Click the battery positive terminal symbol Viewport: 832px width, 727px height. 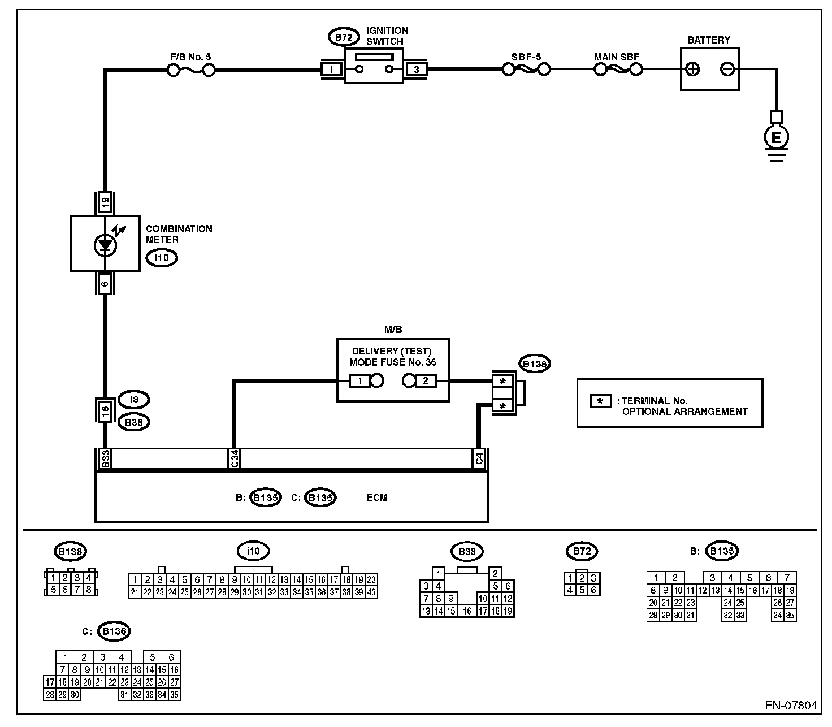pyautogui.click(x=692, y=70)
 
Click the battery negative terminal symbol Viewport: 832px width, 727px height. pyautogui.click(x=727, y=70)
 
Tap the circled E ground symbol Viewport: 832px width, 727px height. pyautogui.click(x=776, y=137)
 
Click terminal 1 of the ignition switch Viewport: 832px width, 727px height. pyautogui.click(x=332, y=70)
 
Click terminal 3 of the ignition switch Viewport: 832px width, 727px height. pyautogui.click(x=417, y=70)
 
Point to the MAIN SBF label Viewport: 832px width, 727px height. pyautogui.click(x=616, y=57)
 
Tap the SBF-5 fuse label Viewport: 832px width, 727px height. pyautogui.click(x=526, y=57)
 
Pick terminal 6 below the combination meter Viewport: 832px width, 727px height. pyautogui.click(x=105, y=283)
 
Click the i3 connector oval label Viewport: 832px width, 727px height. pyautogui.click(x=134, y=400)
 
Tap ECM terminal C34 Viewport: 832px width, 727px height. pyautogui.click(x=234, y=458)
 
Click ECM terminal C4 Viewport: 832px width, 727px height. pyautogui.click(x=479, y=458)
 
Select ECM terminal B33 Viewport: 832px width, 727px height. pyautogui.click(x=105, y=458)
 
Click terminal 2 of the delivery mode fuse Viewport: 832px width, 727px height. pyautogui.click(x=426, y=380)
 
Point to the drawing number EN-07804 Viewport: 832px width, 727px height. pyautogui.click(x=791, y=706)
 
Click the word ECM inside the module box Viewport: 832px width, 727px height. pyautogui.click(x=377, y=497)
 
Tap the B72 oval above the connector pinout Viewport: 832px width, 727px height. pyautogui.click(x=582, y=551)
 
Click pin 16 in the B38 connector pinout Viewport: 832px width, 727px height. pyautogui.click(x=467, y=611)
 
